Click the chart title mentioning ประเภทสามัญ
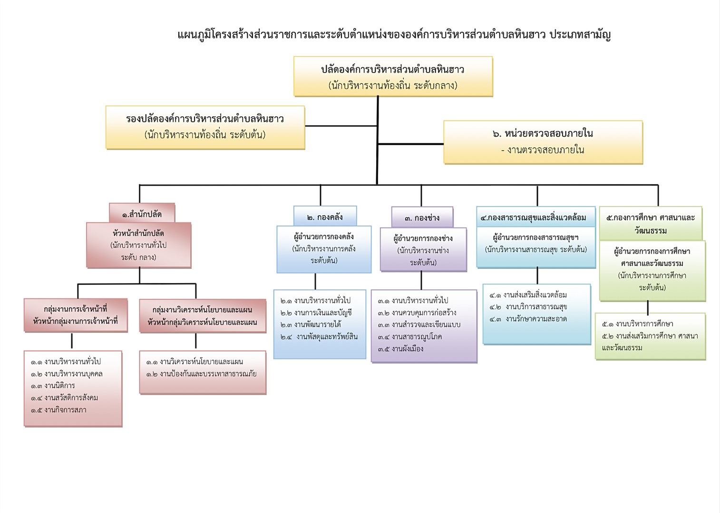(x=394, y=34)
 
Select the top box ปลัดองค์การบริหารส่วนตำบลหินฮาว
(x=393, y=77)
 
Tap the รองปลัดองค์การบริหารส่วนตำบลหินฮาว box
(x=205, y=127)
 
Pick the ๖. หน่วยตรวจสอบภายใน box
(x=543, y=142)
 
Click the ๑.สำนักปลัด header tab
(x=142, y=212)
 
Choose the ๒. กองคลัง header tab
(x=325, y=216)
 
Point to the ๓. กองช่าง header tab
(x=422, y=218)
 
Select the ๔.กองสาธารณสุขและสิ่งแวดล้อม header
(x=536, y=217)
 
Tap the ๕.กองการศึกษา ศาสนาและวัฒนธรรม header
(x=651, y=223)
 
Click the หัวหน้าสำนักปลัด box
(x=139, y=245)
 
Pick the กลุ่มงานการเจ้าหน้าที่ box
(x=76, y=315)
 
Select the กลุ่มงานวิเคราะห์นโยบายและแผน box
(x=203, y=316)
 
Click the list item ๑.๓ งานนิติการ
(x=53, y=386)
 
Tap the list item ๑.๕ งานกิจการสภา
(x=58, y=410)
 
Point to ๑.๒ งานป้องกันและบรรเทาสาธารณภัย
(x=202, y=374)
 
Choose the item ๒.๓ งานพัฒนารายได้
(x=311, y=324)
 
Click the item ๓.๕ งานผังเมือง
(x=400, y=349)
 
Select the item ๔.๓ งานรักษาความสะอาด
(x=528, y=319)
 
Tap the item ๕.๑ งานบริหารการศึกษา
(x=638, y=323)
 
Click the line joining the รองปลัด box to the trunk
(x=341, y=126)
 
